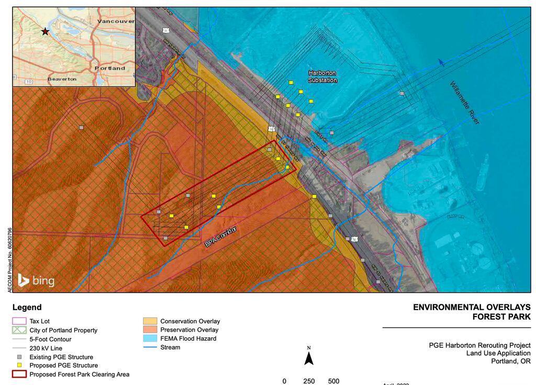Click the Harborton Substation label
(x=322, y=76)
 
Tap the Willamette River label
(x=464, y=103)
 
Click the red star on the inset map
(x=46, y=32)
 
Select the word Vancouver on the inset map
(x=116, y=21)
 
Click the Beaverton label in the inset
(x=62, y=79)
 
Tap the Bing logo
(x=36, y=281)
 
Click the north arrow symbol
(x=309, y=358)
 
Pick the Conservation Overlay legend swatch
(x=150, y=321)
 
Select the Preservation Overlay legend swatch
(x=150, y=330)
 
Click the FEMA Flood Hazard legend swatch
(x=150, y=338)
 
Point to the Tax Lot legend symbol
(x=19, y=321)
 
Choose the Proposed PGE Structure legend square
(x=19, y=366)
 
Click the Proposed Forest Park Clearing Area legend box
(x=19, y=375)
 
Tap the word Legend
(x=27, y=308)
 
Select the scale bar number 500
(x=333, y=381)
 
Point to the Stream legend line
(x=150, y=347)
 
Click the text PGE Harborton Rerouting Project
(x=479, y=345)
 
